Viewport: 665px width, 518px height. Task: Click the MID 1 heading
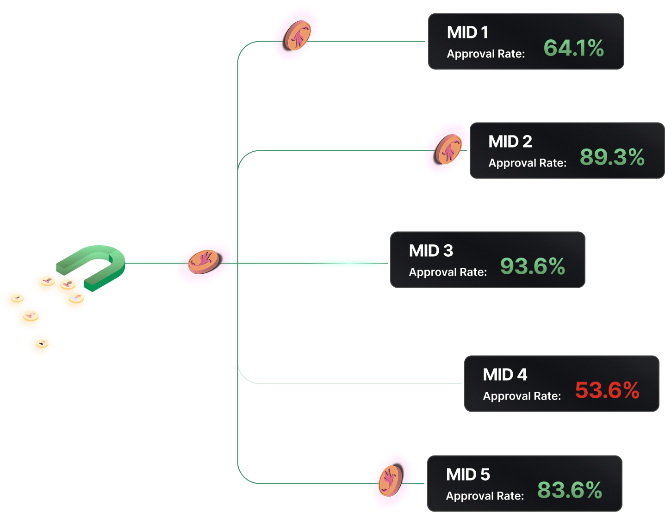(x=467, y=33)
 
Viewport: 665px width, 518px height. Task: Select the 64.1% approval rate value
(x=573, y=48)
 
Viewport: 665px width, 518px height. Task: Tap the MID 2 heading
(x=510, y=142)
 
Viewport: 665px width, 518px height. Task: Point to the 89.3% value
(x=612, y=157)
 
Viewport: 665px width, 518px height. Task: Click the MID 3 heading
(x=431, y=251)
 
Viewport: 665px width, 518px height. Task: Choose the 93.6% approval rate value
(x=532, y=266)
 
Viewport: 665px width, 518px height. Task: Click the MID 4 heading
(x=505, y=375)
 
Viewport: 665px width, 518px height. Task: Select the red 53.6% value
(x=607, y=390)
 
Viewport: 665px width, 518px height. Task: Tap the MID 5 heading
(x=468, y=475)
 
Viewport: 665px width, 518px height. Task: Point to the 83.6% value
(x=569, y=490)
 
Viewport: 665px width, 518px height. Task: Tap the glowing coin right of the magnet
(x=203, y=262)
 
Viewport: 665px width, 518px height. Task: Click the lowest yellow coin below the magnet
(x=40, y=345)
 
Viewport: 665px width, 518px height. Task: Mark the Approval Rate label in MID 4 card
(x=522, y=396)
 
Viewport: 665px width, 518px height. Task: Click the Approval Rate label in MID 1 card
(x=485, y=54)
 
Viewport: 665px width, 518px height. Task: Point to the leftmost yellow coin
(x=15, y=299)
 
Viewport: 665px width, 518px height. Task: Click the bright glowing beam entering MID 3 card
(x=347, y=263)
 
